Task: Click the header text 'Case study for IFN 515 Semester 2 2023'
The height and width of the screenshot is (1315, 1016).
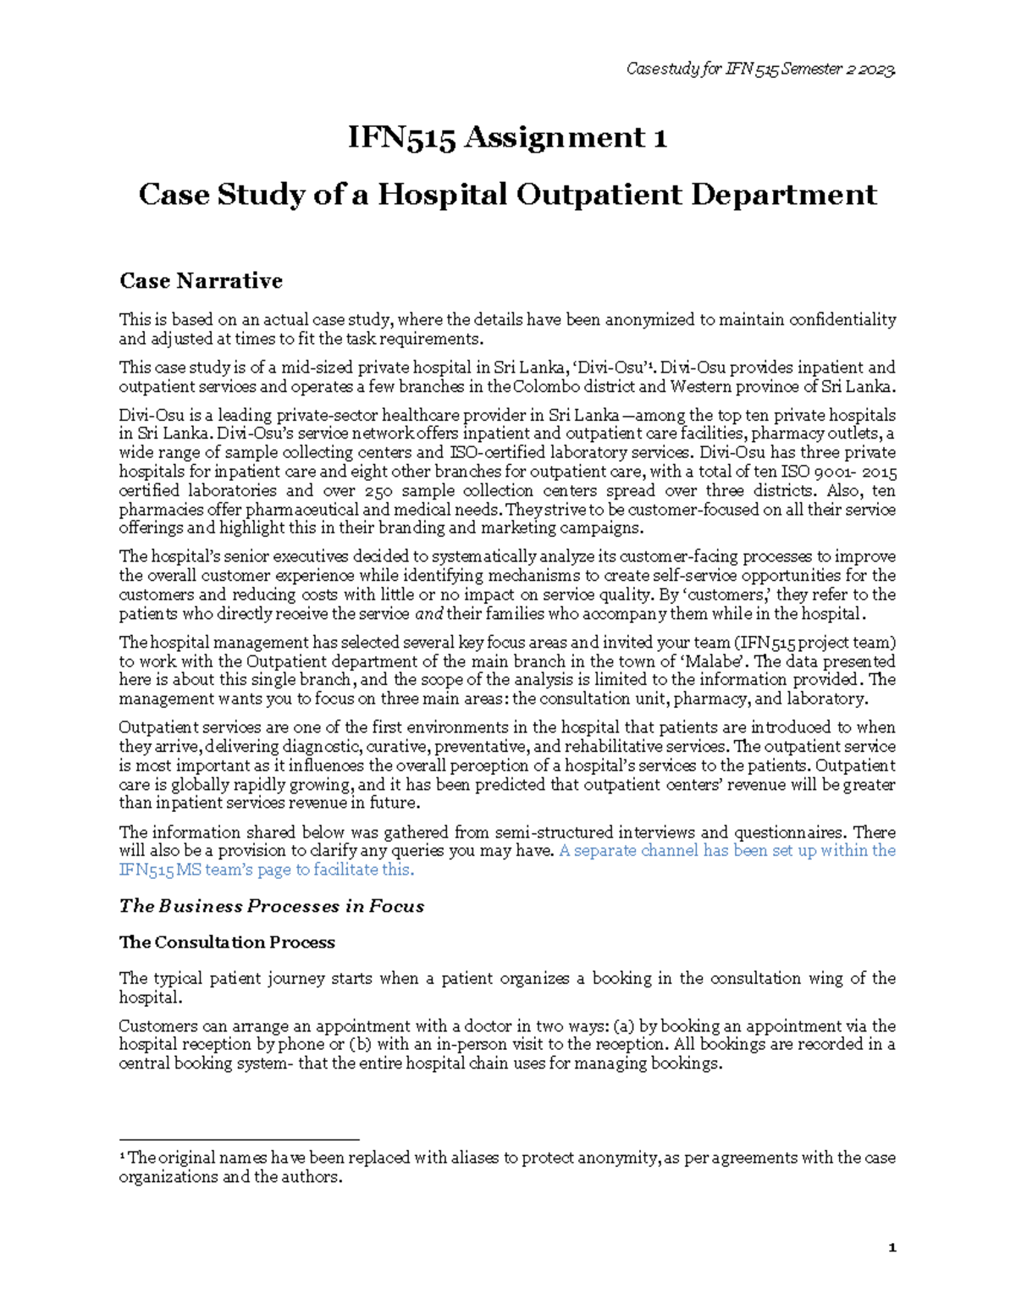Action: pos(760,69)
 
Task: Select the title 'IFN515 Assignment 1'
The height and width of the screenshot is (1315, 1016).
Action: pos(507,137)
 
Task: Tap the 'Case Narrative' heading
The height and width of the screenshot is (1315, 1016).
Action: pos(201,281)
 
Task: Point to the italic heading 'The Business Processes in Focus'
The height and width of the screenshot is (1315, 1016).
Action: pos(271,906)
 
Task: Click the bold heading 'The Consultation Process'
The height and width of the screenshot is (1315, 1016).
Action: pos(227,942)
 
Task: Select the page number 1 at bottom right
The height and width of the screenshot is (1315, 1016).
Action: pos(892,1248)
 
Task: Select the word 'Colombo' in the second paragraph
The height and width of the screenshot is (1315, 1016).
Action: pos(544,387)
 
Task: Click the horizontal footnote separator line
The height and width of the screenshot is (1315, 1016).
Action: pos(239,1140)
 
